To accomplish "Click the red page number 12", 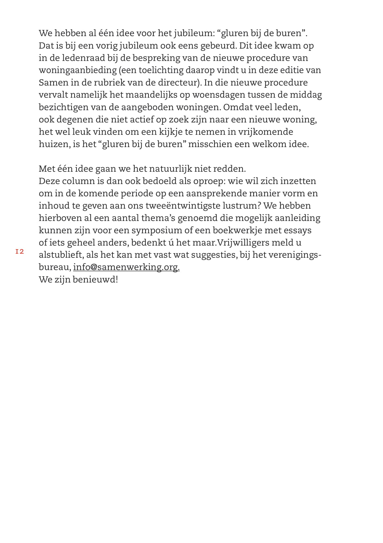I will (20, 252).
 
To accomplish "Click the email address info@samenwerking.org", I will (126, 267).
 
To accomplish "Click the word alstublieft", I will (61, 255).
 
